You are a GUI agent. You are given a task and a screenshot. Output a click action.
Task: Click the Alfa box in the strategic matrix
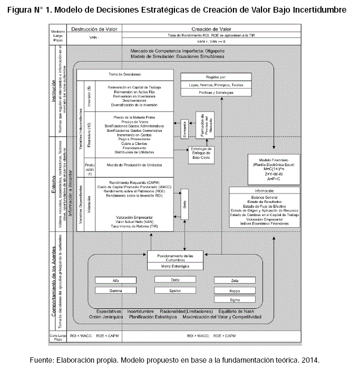pyautogui.click(x=116, y=280)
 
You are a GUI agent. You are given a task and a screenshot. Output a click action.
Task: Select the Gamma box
pyautogui.click(x=116, y=290)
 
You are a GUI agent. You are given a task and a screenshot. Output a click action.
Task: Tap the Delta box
pyautogui.click(x=175, y=280)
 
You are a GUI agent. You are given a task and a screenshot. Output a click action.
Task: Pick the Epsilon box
pyautogui.click(x=175, y=290)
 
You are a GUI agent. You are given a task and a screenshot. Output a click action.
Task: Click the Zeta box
pyautogui.click(x=235, y=280)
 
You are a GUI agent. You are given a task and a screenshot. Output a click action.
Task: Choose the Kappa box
pyautogui.click(x=235, y=290)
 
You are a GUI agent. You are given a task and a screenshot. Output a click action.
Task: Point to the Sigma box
pyautogui.click(x=235, y=299)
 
